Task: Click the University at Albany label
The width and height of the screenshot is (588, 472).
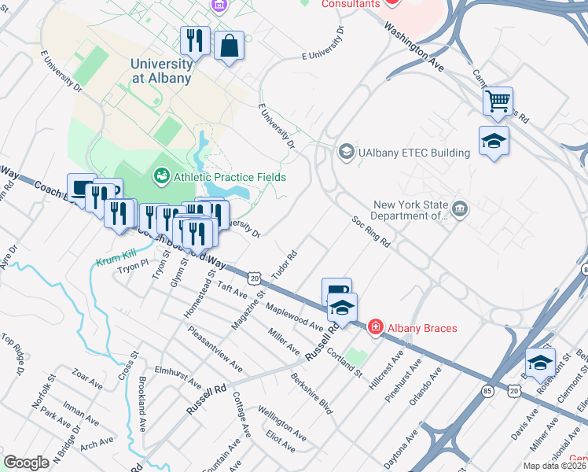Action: (x=161, y=71)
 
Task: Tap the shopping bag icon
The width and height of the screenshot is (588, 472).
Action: (x=229, y=46)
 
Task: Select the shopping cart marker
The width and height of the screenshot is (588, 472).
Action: (x=498, y=101)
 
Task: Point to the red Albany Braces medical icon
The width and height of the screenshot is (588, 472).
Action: (x=376, y=327)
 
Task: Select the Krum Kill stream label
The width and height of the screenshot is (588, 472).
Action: (x=116, y=261)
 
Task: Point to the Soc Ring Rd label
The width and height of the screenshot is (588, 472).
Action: (x=370, y=232)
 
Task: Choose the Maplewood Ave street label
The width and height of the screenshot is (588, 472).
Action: (x=295, y=315)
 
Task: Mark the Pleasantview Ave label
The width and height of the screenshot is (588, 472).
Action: (x=215, y=349)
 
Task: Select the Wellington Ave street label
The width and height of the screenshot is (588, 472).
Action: (x=281, y=423)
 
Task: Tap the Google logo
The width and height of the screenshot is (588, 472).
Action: (x=26, y=462)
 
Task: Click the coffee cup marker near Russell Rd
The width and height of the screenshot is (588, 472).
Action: (x=336, y=290)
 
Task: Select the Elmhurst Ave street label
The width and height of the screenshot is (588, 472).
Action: (x=178, y=377)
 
